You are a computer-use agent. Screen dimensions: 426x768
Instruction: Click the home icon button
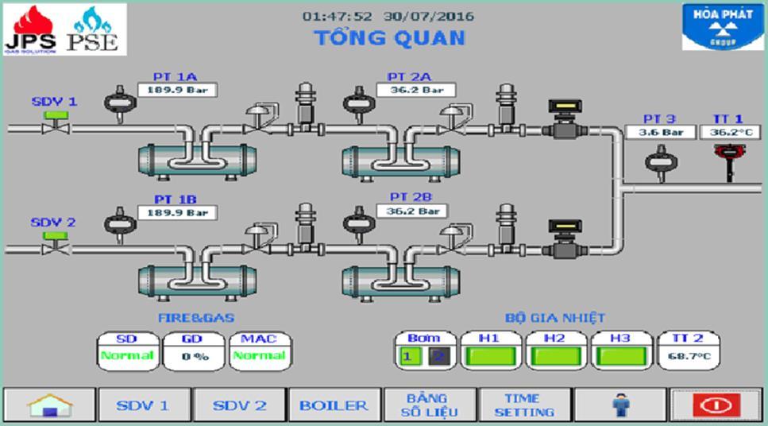click(x=49, y=405)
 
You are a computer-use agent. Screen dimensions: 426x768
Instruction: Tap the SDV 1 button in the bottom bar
click(x=143, y=405)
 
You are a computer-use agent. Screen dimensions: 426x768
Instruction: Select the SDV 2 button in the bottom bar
click(x=239, y=405)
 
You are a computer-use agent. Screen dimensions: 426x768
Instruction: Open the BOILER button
click(x=334, y=405)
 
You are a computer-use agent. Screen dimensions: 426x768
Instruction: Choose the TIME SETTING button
click(x=524, y=405)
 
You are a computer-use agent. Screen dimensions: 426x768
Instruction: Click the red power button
click(x=716, y=405)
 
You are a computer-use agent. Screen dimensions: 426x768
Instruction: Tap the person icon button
click(x=620, y=405)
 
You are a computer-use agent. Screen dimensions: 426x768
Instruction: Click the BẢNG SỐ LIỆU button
click(x=427, y=405)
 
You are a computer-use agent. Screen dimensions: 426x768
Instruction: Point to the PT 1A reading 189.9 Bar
click(x=177, y=91)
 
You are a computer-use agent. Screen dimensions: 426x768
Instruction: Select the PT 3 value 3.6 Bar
click(x=661, y=132)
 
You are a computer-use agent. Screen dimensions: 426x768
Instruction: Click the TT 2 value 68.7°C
click(x=688, y=356)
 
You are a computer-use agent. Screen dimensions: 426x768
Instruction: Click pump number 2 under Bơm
click(x=434, y=356)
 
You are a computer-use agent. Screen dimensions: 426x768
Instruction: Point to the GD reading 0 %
click(x=194, y=356)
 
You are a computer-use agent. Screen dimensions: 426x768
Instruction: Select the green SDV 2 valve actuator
click(x=55, y=235)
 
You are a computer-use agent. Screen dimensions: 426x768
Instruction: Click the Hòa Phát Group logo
click(x=722, y=26)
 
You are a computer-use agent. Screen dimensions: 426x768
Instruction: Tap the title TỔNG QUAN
click(x=389, y=37)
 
